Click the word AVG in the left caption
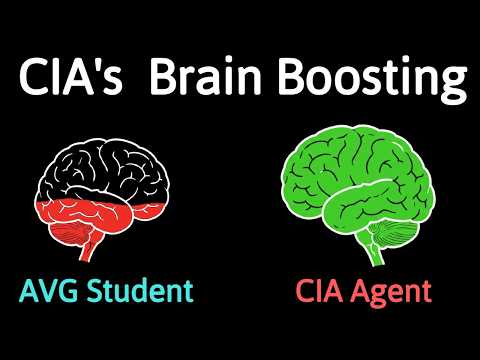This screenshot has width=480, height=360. click(x=46, y=293)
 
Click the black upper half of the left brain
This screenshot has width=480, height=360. click(x=105, y=165)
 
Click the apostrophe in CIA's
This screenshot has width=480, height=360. click(x=104, y=67)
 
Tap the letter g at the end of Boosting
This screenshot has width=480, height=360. click(x=452, y=85)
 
